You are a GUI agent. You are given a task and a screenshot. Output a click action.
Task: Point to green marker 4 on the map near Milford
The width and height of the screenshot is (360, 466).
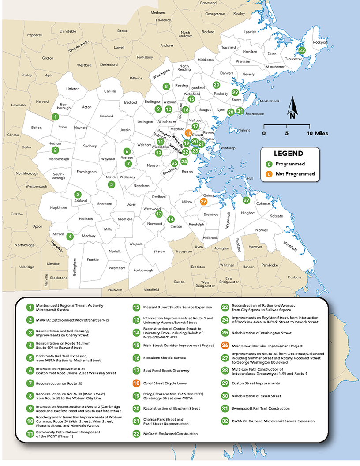[x=70, y=236]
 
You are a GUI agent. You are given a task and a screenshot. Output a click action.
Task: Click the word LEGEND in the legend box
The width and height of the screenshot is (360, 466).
[x=289, y=154]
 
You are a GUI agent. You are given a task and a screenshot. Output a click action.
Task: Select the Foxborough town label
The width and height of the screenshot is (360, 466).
[x=143, y=270]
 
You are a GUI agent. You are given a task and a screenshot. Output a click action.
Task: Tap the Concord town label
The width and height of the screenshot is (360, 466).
[x=106, y=116]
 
